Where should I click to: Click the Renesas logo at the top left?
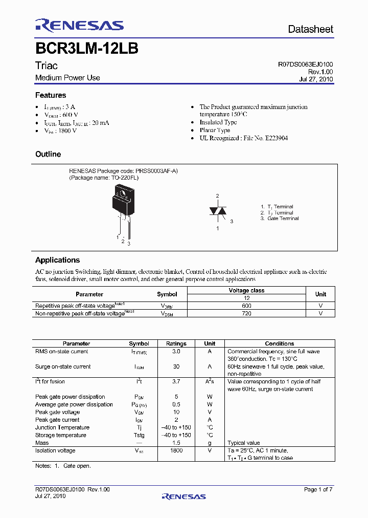click(x=79, y=26)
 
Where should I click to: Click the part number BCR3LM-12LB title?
click(x=86, y=49)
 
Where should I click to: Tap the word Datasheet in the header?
click(x=310, y=29)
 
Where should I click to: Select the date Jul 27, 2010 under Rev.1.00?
click(x=316, y=79)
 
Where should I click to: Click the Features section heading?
click(x=51, y=95)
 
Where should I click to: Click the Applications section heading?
click(x=57, y=260)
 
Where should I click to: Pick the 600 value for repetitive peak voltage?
click(x=247, y=306)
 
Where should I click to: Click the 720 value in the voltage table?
click(x=247, y=313)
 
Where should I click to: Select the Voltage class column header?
click(x=247, y=290)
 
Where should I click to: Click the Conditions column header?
click(x=280, y=343)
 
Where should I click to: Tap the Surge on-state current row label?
click(x=63, y=366)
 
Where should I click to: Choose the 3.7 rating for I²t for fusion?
click(x=176, y=382)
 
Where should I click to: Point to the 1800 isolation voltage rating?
click(x=176, y=451)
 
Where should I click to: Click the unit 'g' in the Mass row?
click(x=210, y=443)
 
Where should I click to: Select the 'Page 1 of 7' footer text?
click(x=318, y=490)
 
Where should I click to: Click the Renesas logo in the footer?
click(x=183, y=496)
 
